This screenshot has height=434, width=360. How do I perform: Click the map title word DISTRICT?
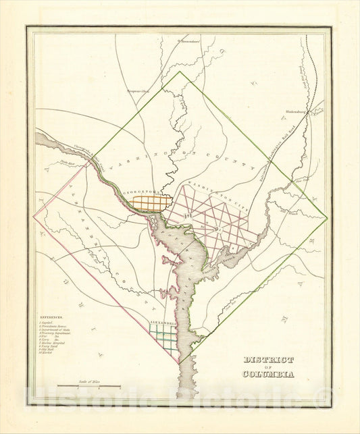pos(268,359)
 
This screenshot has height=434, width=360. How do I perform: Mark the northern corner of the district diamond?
pos(180,72)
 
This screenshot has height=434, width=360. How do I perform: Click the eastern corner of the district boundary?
pos(328,218)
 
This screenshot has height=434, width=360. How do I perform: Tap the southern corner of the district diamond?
pos(180,364)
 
